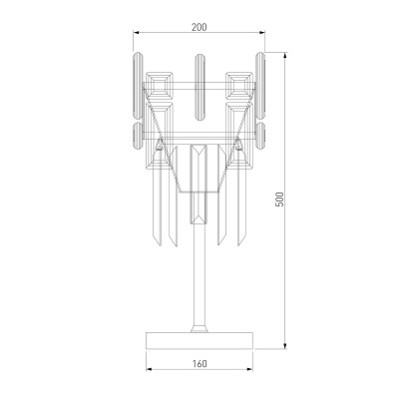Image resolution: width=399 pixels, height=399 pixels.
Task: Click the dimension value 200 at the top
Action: click(x=199, y=27)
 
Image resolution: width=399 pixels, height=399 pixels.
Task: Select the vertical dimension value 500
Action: click(x=280, y=199)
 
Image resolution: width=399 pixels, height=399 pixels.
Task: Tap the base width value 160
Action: click(x=199, y=364)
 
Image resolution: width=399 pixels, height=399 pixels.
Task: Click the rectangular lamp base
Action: click(x=199, y=340)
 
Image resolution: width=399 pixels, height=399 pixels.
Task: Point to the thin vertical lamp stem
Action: click(x=199, y=276)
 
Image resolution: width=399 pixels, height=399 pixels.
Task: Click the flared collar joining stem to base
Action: click(x=199, y=328)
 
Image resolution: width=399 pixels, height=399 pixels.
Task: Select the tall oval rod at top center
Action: click(x=199, y=87)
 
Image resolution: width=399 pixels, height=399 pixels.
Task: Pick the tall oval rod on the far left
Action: click(x=139, y=85)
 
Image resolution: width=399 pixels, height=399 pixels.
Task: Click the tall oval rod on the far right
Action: click(x=260, y=85)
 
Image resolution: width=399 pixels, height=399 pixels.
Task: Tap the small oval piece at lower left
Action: click(x=138, y=136)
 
